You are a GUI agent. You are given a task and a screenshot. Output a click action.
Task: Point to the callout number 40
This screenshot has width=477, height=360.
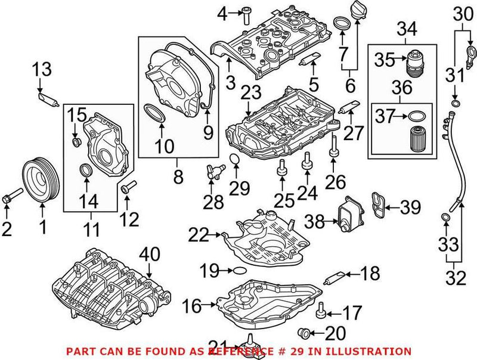150,254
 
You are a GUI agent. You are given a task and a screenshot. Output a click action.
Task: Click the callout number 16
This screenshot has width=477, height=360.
190,306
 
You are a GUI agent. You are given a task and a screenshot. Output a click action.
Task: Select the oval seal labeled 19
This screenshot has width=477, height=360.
238,271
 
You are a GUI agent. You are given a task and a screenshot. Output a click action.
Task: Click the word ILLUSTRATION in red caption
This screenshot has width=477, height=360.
374,351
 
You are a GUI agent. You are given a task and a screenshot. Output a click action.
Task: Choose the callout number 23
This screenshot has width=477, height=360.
251,93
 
